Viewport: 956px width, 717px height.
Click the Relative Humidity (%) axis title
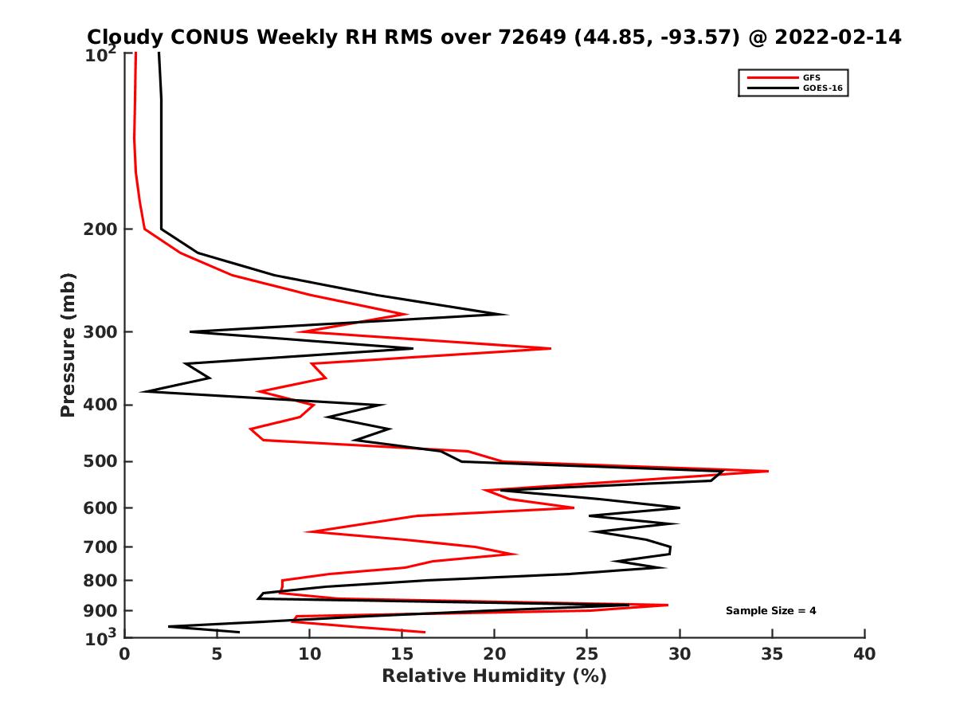[494, 676]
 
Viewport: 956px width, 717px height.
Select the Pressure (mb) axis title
[68, 344]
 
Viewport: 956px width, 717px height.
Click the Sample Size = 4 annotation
[770, 611]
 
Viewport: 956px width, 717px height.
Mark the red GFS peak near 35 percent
[768, 471]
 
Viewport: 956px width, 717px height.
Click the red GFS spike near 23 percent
[550, 348]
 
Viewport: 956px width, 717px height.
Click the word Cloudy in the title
[125, 37]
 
